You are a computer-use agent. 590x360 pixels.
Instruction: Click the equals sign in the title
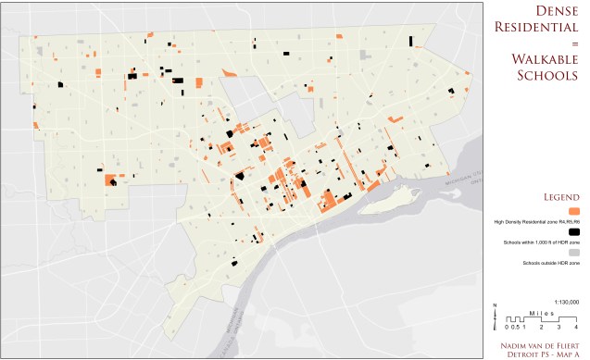[x=574, y=43]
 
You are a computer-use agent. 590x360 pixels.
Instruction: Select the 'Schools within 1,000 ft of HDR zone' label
[x=540, y=242]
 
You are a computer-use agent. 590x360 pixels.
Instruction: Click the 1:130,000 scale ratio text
[x=567, y=302]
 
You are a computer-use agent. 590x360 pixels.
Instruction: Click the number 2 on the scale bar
[x=542, y=327]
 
